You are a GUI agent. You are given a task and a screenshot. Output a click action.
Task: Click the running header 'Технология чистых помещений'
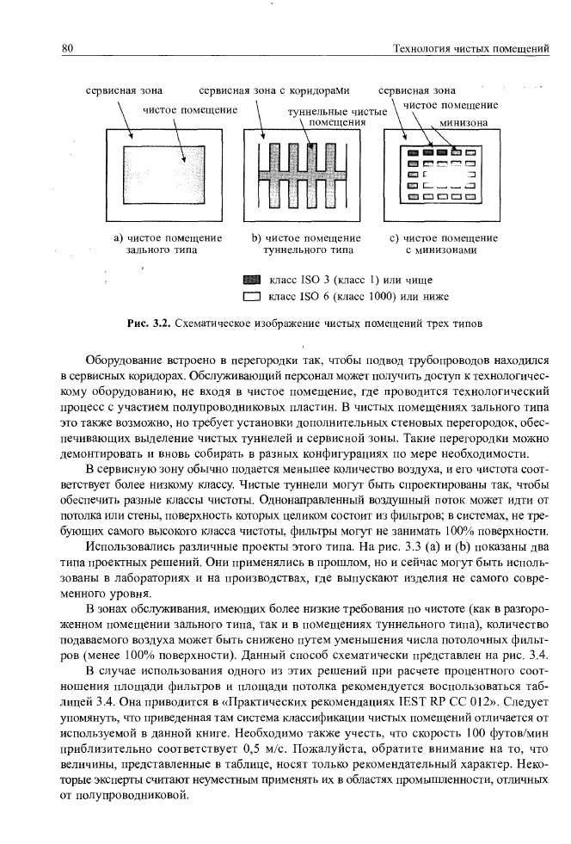pyautogui.click(x=470, y=48)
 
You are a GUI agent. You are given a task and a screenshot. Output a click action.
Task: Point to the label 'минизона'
pyautogui.click(x=464, y=122)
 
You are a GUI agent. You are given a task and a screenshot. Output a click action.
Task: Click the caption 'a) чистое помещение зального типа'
pyautogui.click(x=169, y=243)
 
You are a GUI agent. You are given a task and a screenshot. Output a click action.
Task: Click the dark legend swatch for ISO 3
pyautogui.click(x=251, y=280)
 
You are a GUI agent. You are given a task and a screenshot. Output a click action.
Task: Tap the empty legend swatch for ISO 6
pyautogui.click(x=251, y=298)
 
